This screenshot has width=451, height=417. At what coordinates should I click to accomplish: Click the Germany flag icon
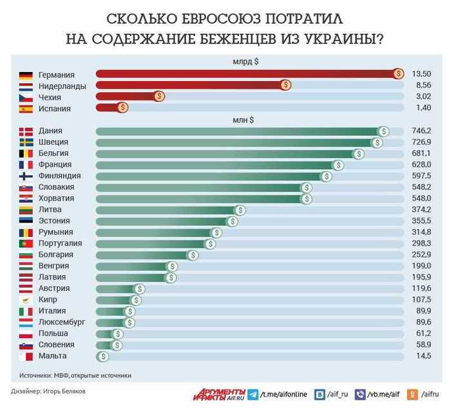[x=26, y=75]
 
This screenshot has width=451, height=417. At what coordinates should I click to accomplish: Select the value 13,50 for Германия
[x=421, y=75]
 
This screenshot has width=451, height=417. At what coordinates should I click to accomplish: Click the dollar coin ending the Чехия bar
[x=159, y=97]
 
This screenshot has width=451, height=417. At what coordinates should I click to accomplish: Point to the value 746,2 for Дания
[x=421, y=131]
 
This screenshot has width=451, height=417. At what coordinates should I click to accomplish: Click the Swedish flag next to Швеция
[x=26, y=142]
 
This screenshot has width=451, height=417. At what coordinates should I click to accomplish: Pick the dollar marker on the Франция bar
[x=338, y=165]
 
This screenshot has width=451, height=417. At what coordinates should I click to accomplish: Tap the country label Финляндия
[x=59, y=176]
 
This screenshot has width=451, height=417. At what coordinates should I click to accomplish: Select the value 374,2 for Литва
[x=421, y=210]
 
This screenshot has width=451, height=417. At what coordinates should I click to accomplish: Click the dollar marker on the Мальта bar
[x=102, y=356]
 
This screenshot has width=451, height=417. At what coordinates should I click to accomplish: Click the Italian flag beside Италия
[x=26, y=311]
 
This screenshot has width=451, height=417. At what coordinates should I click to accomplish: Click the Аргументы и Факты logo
[x=218, y=394]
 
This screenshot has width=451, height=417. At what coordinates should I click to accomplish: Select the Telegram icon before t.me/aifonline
[x=253, y=394]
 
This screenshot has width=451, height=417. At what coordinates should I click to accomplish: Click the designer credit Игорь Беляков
[x=64, y=391]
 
